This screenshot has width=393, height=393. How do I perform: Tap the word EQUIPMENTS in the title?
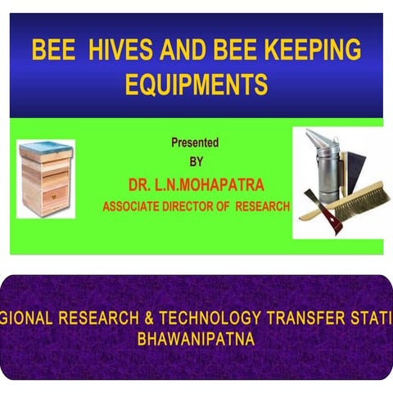196,84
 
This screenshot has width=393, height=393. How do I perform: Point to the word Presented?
195,142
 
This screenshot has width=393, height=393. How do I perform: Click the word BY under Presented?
196,160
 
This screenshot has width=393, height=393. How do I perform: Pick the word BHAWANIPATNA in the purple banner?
196,339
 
